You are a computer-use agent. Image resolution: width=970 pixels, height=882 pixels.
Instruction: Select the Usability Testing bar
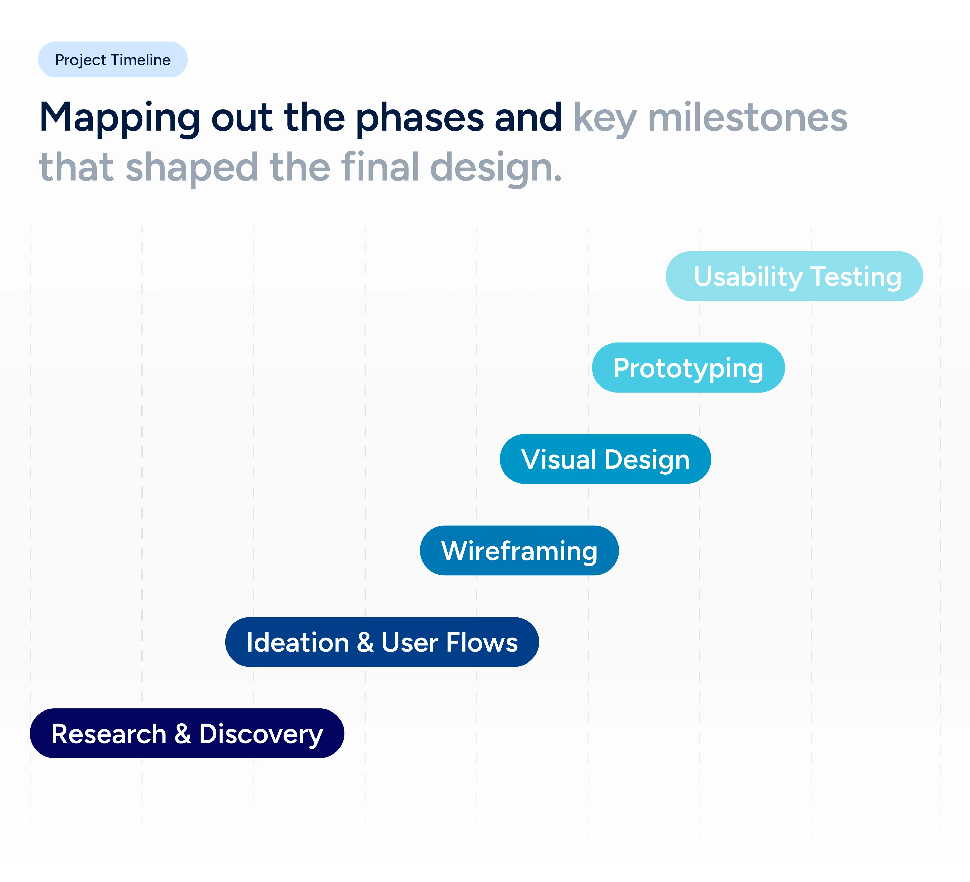point(794,276)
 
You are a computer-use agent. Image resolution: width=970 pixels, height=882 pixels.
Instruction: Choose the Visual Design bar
point(605,459)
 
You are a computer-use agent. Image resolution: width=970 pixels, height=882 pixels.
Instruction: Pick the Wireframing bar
point(519,550)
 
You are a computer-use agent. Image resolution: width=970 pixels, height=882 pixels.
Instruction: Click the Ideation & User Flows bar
point(382,642)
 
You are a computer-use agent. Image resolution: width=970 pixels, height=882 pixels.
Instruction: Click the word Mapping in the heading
point(120,118)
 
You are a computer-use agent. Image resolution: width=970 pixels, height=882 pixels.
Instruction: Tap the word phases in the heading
point(420,118)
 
